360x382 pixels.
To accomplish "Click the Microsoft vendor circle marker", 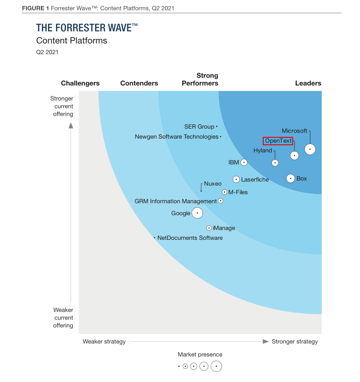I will (310, 150).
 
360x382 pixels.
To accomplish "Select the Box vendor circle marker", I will (290, 178).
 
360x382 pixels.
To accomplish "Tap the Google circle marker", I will (198, 213).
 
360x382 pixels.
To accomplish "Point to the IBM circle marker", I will (244, 162).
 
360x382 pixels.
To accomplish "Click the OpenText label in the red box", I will (278, 141).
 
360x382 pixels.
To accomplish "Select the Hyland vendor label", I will (263, 151).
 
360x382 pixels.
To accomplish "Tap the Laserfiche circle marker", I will (236, 180).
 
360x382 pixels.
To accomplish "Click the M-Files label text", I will (238, 192).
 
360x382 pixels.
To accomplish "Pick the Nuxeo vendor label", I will (213, 184).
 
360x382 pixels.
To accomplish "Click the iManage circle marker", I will (209, 228).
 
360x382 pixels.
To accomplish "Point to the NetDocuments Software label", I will (190, 238).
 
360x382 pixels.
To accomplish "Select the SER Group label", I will (199, 127).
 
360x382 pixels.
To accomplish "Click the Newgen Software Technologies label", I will (176, 137).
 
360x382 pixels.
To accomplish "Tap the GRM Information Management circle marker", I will (221, 201).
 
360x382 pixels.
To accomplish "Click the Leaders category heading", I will (308, 83).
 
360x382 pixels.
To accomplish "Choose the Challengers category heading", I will (81, 83).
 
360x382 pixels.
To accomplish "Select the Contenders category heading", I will (139, 83).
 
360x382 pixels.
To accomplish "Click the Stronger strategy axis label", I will (295, 342).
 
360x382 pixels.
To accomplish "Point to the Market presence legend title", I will (200, 355).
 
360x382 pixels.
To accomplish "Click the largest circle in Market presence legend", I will (216, 366).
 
